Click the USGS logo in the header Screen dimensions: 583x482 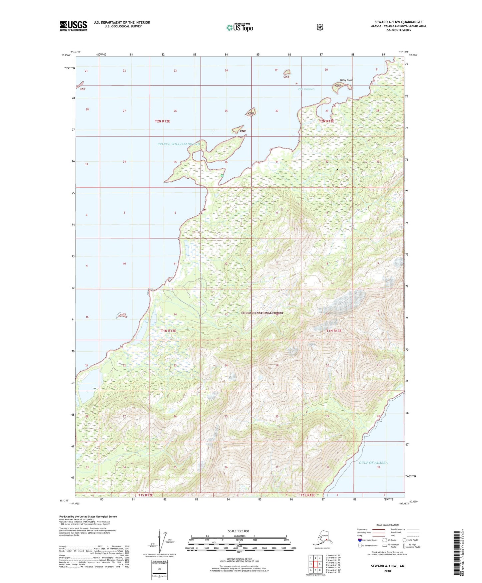[73, 26]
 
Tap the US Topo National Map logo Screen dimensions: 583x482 [239, 27]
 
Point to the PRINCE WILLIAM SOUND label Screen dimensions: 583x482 [178, 144]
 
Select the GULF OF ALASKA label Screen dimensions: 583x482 [373, 463]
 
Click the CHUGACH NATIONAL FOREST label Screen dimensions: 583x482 [262, 313]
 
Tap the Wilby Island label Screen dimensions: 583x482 [346, 80]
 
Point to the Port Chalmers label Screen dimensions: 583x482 [306, 89]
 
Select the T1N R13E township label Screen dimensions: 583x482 [334, 331]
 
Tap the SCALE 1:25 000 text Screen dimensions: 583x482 [238, 531]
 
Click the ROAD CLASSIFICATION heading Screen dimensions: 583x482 [387, 525]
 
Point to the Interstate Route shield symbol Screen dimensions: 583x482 [360, 540]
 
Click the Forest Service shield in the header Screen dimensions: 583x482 [320, 27]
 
